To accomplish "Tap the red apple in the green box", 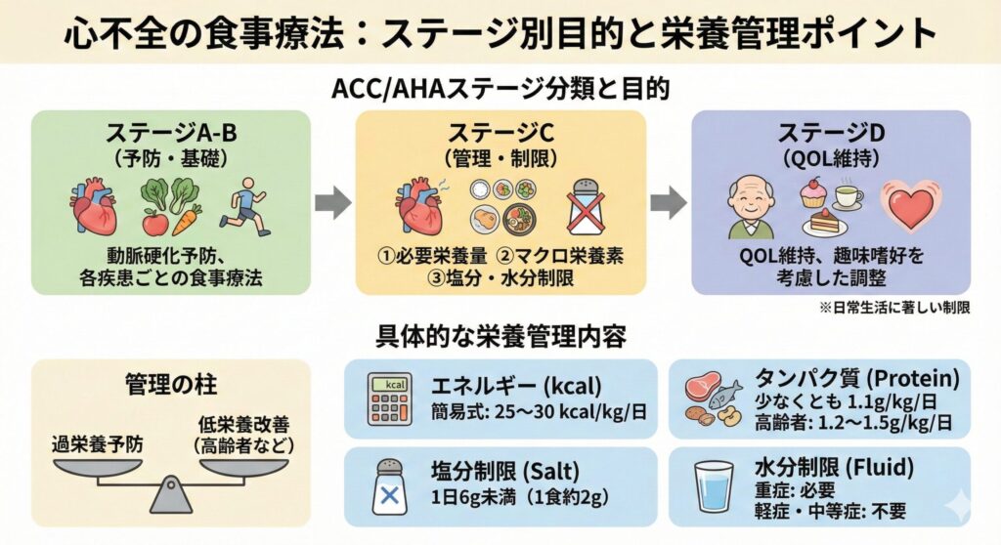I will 154,223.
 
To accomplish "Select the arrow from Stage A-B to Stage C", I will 331,203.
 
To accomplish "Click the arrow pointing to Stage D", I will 668,203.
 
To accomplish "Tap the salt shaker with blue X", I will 391,487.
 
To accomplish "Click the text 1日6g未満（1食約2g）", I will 520,498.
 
